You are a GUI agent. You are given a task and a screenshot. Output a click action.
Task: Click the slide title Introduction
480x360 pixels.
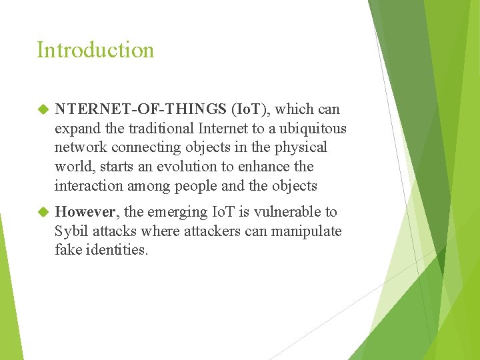95,50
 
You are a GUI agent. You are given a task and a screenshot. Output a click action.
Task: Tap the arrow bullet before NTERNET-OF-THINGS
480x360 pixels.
43,109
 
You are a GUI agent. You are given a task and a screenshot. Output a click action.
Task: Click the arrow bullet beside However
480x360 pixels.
43,212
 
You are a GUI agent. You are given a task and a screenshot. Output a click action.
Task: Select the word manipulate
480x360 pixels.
307,231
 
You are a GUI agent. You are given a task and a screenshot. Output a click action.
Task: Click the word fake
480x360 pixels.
69,251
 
